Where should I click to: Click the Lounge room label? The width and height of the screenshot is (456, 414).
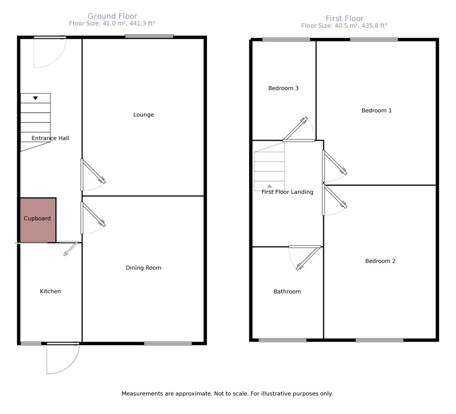pyautogui.click(x=143, y=115)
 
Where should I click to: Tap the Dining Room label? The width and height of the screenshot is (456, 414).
pyautogui.click(x=143, y=268)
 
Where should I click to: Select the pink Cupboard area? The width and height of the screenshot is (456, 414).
pyautogui.click(x=38, y=220)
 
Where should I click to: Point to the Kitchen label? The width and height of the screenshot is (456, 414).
pyautogui.click(x=50, y=291)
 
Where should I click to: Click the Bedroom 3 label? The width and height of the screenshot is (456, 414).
pyautogui.click(x=283, y=88)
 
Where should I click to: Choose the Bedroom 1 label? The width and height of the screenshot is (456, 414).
pyautogui.click(x=376, y=111)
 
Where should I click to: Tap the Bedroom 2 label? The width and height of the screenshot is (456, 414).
pyautogui.click(x=380, y=261)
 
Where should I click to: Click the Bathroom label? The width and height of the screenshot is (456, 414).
pyautogui.click(x=287, y=291)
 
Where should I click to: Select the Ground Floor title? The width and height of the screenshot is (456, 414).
pyautogui.click(x=112, y=16)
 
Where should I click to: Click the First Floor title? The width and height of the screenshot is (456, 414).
pyautogui.click(x=344, y=18)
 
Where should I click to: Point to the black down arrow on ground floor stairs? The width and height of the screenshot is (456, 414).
pyautogui.click(x=36, y=98)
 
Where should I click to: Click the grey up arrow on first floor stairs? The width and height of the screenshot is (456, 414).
pyautogui.click(x=270, y=186)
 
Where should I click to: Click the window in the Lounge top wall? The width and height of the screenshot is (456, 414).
pyautogui.click(x=149, y=36)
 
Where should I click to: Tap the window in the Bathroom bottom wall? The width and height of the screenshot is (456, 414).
pyautogui.click(x=282, y=340)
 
